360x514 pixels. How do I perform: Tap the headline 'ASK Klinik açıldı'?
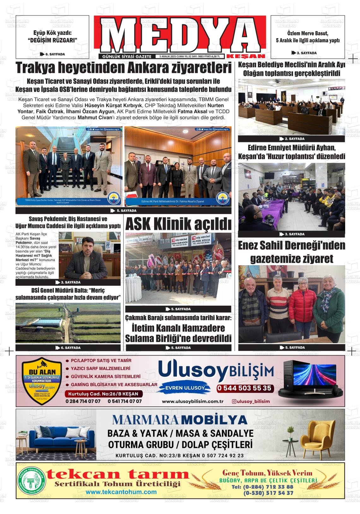click(x=178, y=224)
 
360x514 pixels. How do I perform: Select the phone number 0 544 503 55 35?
click(x=244, y=388)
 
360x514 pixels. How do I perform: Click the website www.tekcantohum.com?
click(x=121, y=492)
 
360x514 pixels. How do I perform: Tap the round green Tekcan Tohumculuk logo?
click(x=32, y=481)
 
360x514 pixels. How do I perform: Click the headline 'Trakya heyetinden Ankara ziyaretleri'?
click(x=123, y=68)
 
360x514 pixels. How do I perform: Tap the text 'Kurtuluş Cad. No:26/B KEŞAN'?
click(x=104, y=394)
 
